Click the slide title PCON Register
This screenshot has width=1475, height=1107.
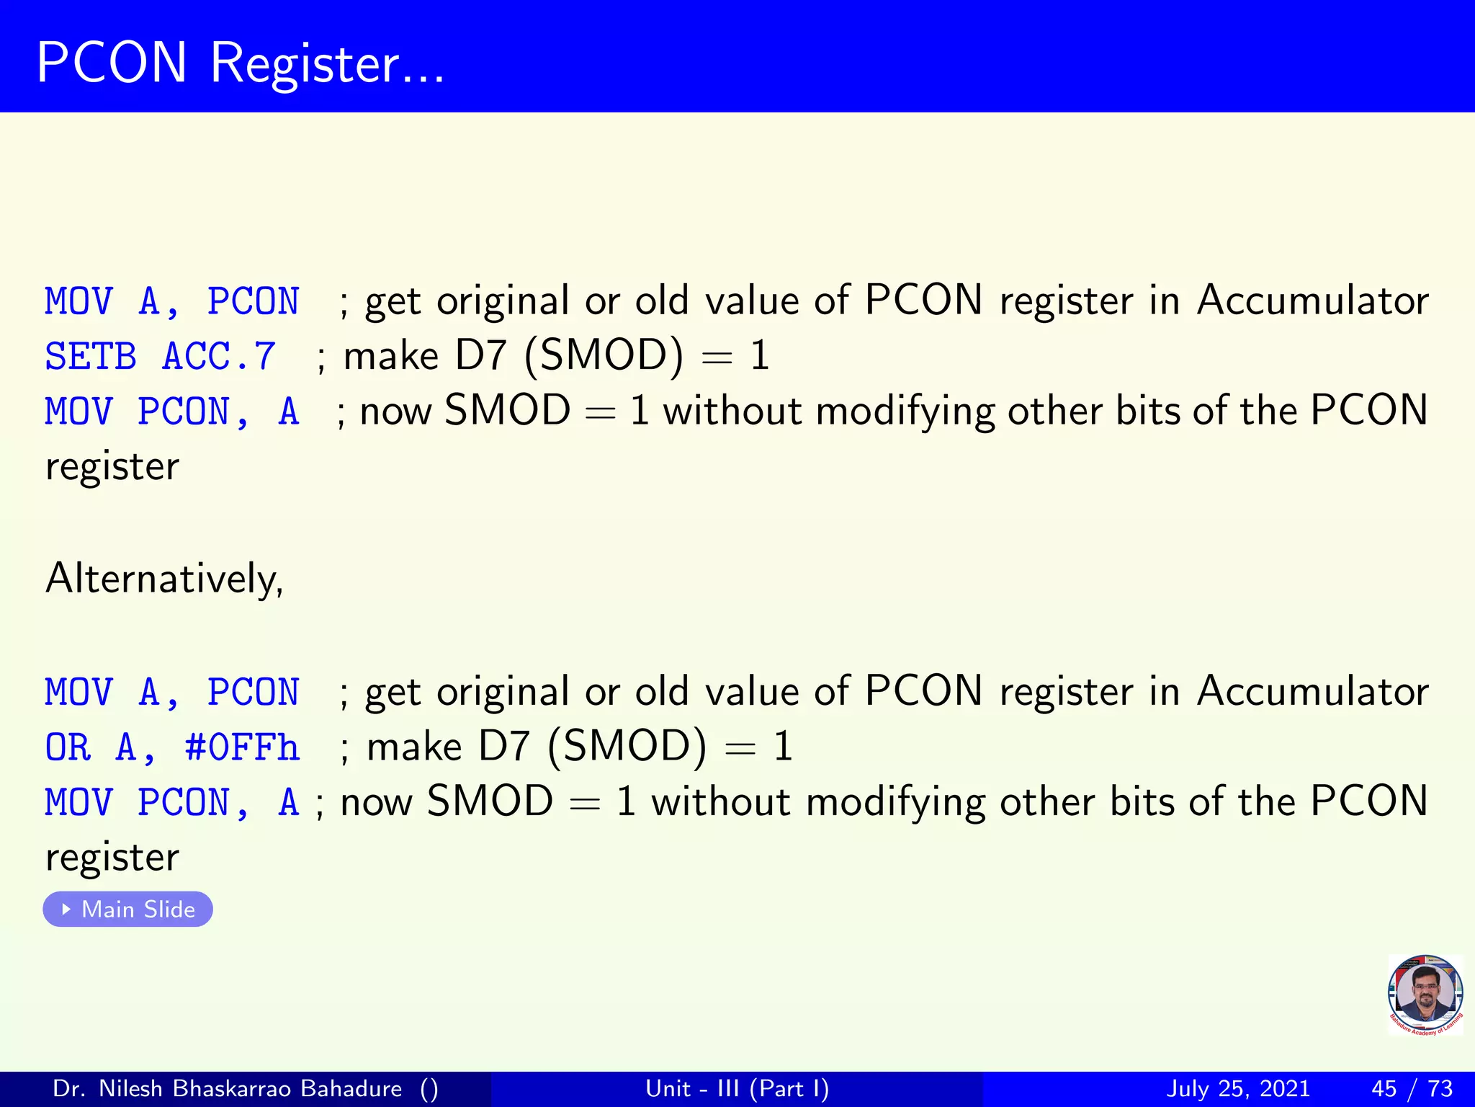pyautogui.click(x=241, y=63)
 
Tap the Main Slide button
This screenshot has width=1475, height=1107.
pyautogui.click(x=128, y=909)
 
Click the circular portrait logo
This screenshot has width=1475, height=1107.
pyautogui.click(x=1425, y=995)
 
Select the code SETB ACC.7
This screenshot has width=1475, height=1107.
pyautogui.click(x=160, y=356)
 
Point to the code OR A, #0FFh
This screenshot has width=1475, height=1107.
pyautogui.click(x=171, y=747)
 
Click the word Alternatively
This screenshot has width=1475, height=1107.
pyautogui.click(x=164, y=578)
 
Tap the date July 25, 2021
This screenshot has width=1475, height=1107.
pyautogui.click(x=1237, y=1088)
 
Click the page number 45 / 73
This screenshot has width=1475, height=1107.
pyautogui.click(x=1412, y=1088)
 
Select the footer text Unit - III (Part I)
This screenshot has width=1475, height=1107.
pyautogui.click(x=737, y=1088)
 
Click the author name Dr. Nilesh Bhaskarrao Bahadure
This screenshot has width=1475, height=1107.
pyautogui.click(x=227, y=1088)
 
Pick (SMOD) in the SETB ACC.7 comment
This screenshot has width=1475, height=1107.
pyautogui.click(x=604, y=356)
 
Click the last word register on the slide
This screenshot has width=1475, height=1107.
pyautogui.click(x=112, y=858)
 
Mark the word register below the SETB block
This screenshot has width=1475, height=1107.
pyautogui.click(x=112, y=467)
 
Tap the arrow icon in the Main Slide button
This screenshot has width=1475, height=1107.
pyautogui.click(x=66, y=909)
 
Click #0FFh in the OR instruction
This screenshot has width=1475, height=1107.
pyautogui.click(x=242, y=747)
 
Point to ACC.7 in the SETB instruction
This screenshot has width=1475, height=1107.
pyautogui.click(x=219, y=356)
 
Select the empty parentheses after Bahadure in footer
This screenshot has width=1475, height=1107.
pyautogui.click(x=429, y=1088)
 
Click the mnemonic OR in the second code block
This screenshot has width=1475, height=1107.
pyautogui.click(x=68, y=747)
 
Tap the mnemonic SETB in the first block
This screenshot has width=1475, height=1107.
pyautogui.click(x=90, y=356)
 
